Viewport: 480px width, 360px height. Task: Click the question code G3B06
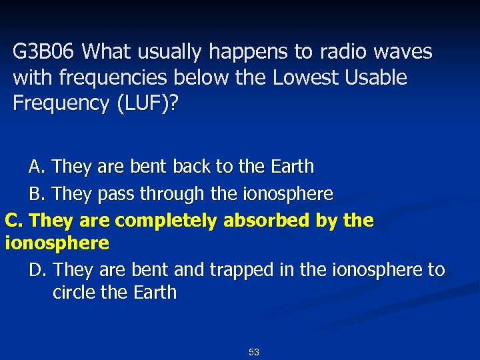pyautogui.click(x=44, y=51)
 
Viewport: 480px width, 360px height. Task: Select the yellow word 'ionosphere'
pyautogui.click(x=57, y=243)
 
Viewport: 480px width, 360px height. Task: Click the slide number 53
pyautogui.click(x=253, y=352)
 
